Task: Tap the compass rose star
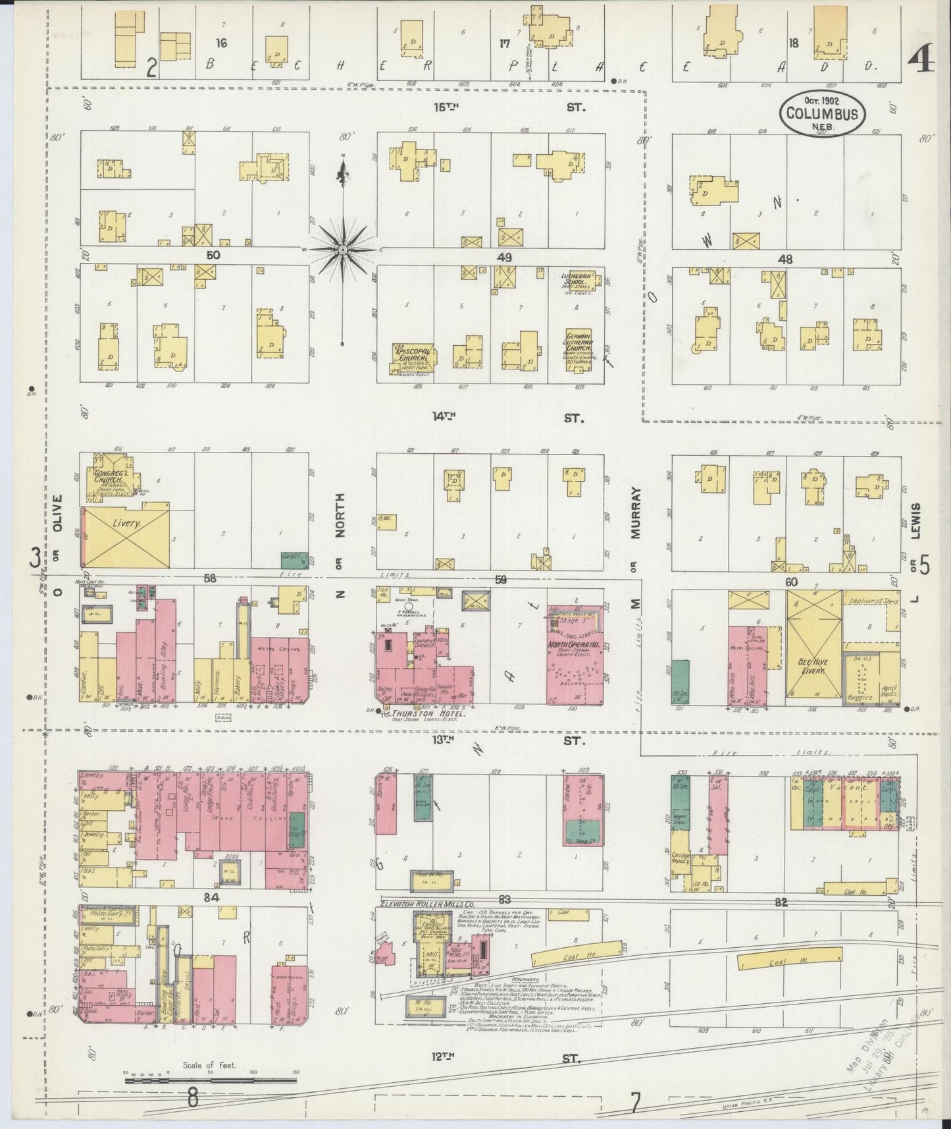coord(343,250)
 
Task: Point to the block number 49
coord(505,258)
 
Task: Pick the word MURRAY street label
coord(636,513)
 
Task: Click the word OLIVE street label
coord(57,513)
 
